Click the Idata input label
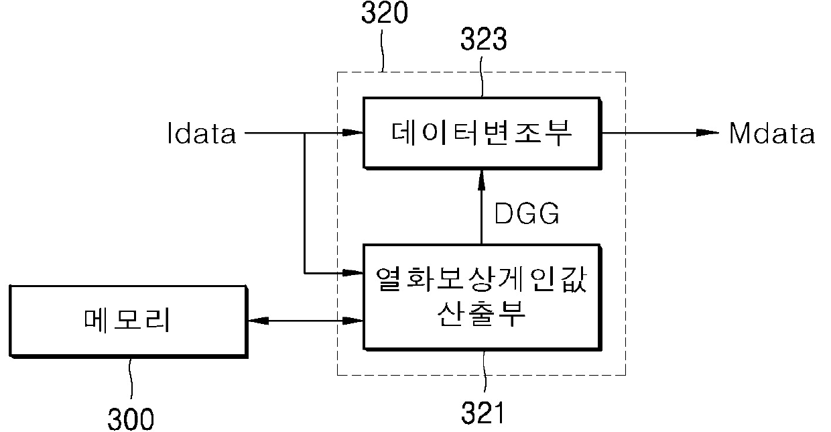[202, 134]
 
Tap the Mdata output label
[771, 134]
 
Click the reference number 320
[383, 13]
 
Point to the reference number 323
[483, 41]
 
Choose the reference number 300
[131, 419]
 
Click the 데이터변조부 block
[481, 133]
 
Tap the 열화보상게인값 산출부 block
[481, 296]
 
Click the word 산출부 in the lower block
[481, 314]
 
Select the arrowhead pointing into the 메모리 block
[257, 321]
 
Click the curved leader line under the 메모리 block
[131, 380]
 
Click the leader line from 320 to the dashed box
[383, 50]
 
